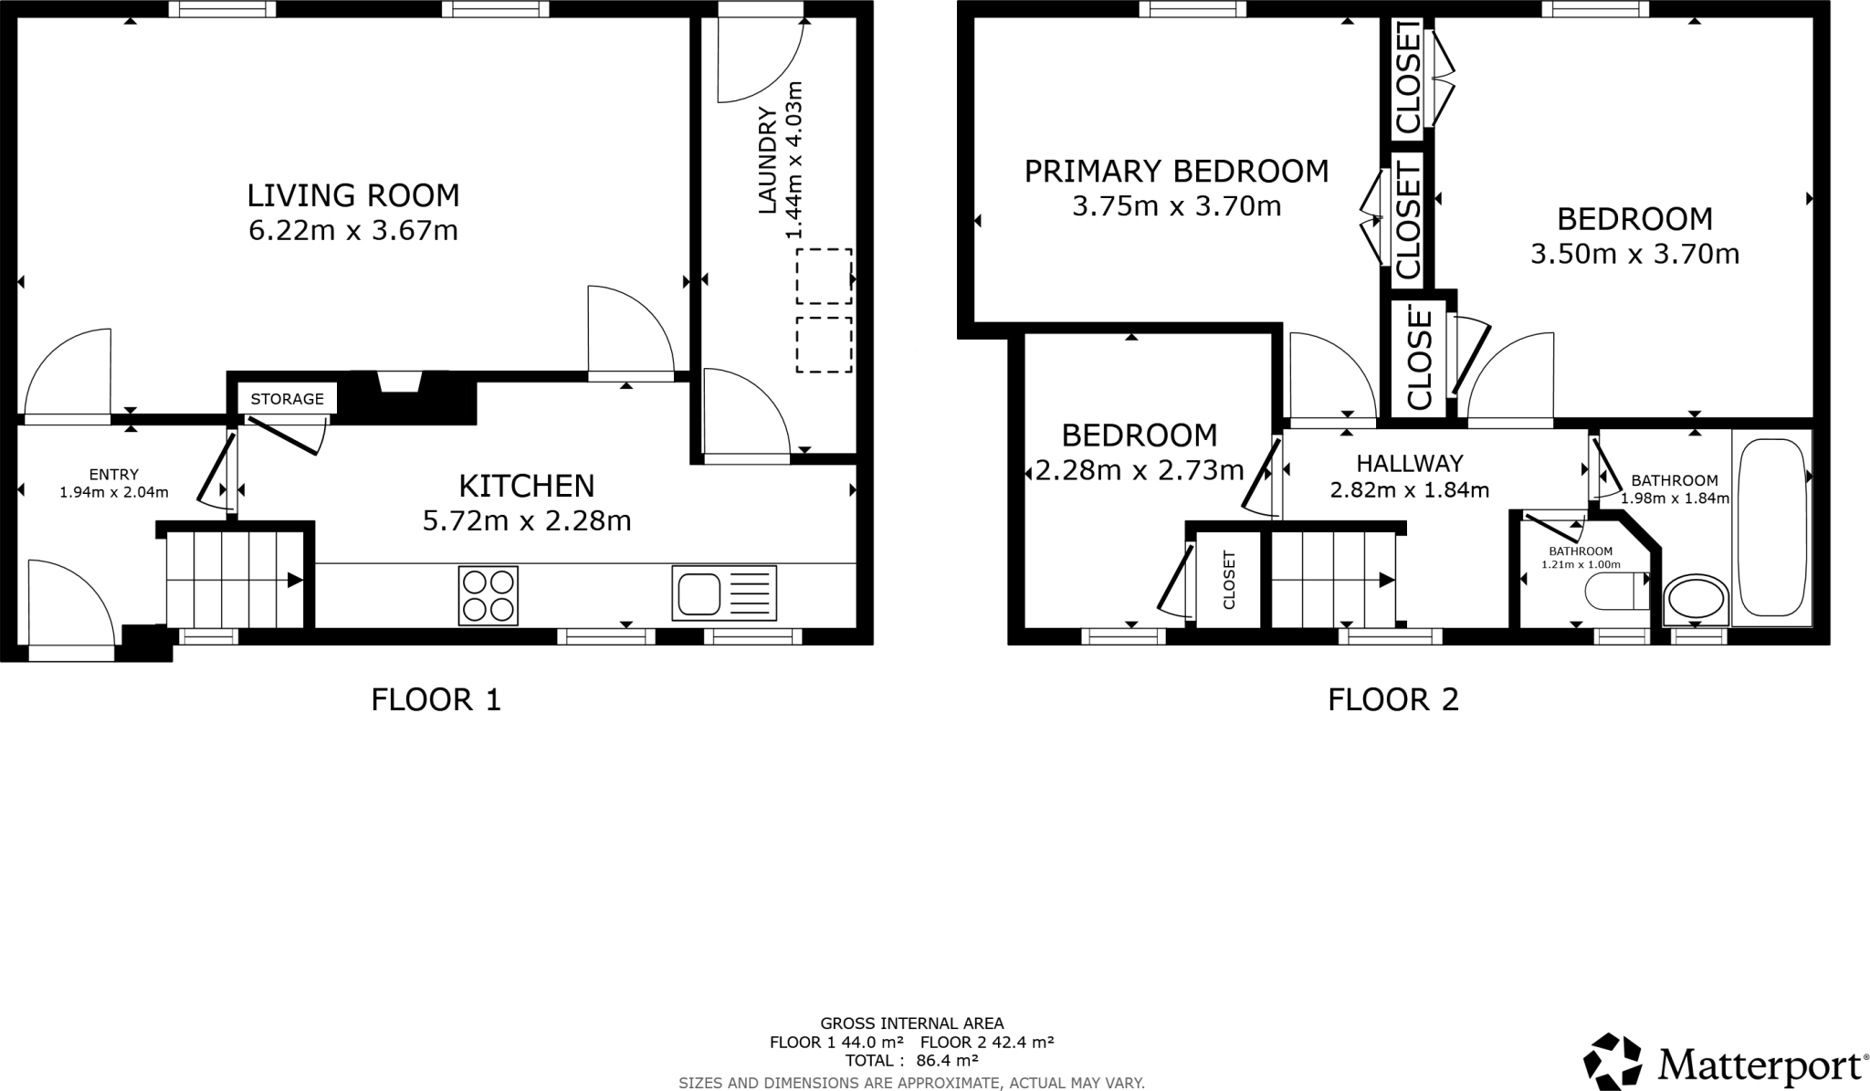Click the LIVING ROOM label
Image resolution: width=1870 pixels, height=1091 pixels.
tap(352, 195)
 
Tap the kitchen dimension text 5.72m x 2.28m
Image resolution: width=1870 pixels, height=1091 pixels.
tap(527, 521)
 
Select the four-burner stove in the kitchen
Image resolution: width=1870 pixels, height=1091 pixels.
tap(488, 595)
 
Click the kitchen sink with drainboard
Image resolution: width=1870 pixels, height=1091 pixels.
tap(724, 593)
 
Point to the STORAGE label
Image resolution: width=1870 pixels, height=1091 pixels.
tap(287, 399)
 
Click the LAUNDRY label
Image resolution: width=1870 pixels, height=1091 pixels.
tap(767, 161)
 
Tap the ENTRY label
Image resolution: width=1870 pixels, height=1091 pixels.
tap(113, 474)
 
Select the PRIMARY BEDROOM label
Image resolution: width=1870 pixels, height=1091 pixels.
tap(1176, 171)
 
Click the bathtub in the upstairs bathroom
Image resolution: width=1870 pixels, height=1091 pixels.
tap(1771, 528)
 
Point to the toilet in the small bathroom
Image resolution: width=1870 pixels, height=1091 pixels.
tap(1616, 592)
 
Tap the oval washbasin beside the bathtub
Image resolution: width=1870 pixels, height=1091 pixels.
tap(1696, 600)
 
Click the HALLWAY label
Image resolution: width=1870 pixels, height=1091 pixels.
tap(1409, 463)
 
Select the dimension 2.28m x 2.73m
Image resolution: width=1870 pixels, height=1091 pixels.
tap(1139, 470)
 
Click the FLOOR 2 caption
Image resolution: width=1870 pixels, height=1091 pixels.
tap(1392, 700)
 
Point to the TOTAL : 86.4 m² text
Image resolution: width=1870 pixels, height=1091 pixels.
tap(911, 1061)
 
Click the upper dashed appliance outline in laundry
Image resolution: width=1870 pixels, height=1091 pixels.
tap(824, 276)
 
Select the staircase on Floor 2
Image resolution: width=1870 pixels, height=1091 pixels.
tap(1333, 580)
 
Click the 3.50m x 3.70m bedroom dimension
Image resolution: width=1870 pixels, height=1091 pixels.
tap(1634, 254)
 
